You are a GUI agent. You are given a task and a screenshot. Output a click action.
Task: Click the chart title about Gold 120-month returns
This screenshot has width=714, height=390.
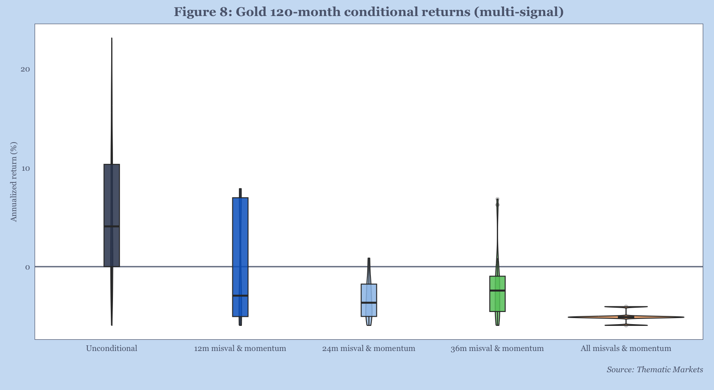[369, 12]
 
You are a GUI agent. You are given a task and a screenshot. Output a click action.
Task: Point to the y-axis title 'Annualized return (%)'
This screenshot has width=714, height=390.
[14, 182]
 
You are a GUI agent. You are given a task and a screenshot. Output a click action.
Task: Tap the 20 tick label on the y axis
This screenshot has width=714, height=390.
[25, 69]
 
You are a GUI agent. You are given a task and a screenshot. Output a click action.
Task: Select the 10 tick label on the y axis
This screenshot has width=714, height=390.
[25, 168]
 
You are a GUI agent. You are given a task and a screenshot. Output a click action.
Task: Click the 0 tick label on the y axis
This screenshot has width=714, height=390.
[27, 267]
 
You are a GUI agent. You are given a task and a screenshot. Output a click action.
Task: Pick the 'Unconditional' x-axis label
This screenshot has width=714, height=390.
[112, 348]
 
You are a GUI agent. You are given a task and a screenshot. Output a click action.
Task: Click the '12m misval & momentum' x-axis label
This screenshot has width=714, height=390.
[240, 348]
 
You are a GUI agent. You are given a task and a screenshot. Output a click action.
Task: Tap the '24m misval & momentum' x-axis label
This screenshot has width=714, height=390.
[369, 348]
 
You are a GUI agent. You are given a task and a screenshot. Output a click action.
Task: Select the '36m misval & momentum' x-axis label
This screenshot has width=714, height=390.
[497, 348]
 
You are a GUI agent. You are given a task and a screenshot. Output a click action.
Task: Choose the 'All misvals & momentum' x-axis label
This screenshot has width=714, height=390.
[626, 348]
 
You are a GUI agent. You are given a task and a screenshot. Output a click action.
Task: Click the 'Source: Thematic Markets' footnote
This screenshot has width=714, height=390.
[654, 370]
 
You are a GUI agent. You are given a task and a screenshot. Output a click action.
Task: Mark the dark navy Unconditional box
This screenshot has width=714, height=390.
[112, 195]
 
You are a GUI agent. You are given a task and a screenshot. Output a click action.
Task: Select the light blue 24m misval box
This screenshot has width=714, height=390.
[369, 293]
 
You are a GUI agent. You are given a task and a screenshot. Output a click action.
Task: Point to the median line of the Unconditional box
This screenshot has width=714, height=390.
[112, 226]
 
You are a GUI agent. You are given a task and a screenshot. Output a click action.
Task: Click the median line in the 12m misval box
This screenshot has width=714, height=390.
[240, 296]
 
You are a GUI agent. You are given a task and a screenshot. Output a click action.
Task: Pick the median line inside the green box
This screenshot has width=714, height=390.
[497, 290]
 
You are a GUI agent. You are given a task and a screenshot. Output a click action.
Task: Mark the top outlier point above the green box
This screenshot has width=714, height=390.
[498, 199]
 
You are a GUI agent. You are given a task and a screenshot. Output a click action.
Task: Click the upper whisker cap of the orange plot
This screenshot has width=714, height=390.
[626, 307]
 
